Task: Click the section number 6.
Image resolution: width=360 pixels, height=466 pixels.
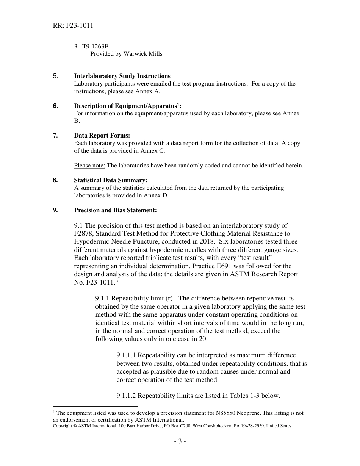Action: [x=56, y=106]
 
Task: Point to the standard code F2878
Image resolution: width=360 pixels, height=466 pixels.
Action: [x=84, y=234]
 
